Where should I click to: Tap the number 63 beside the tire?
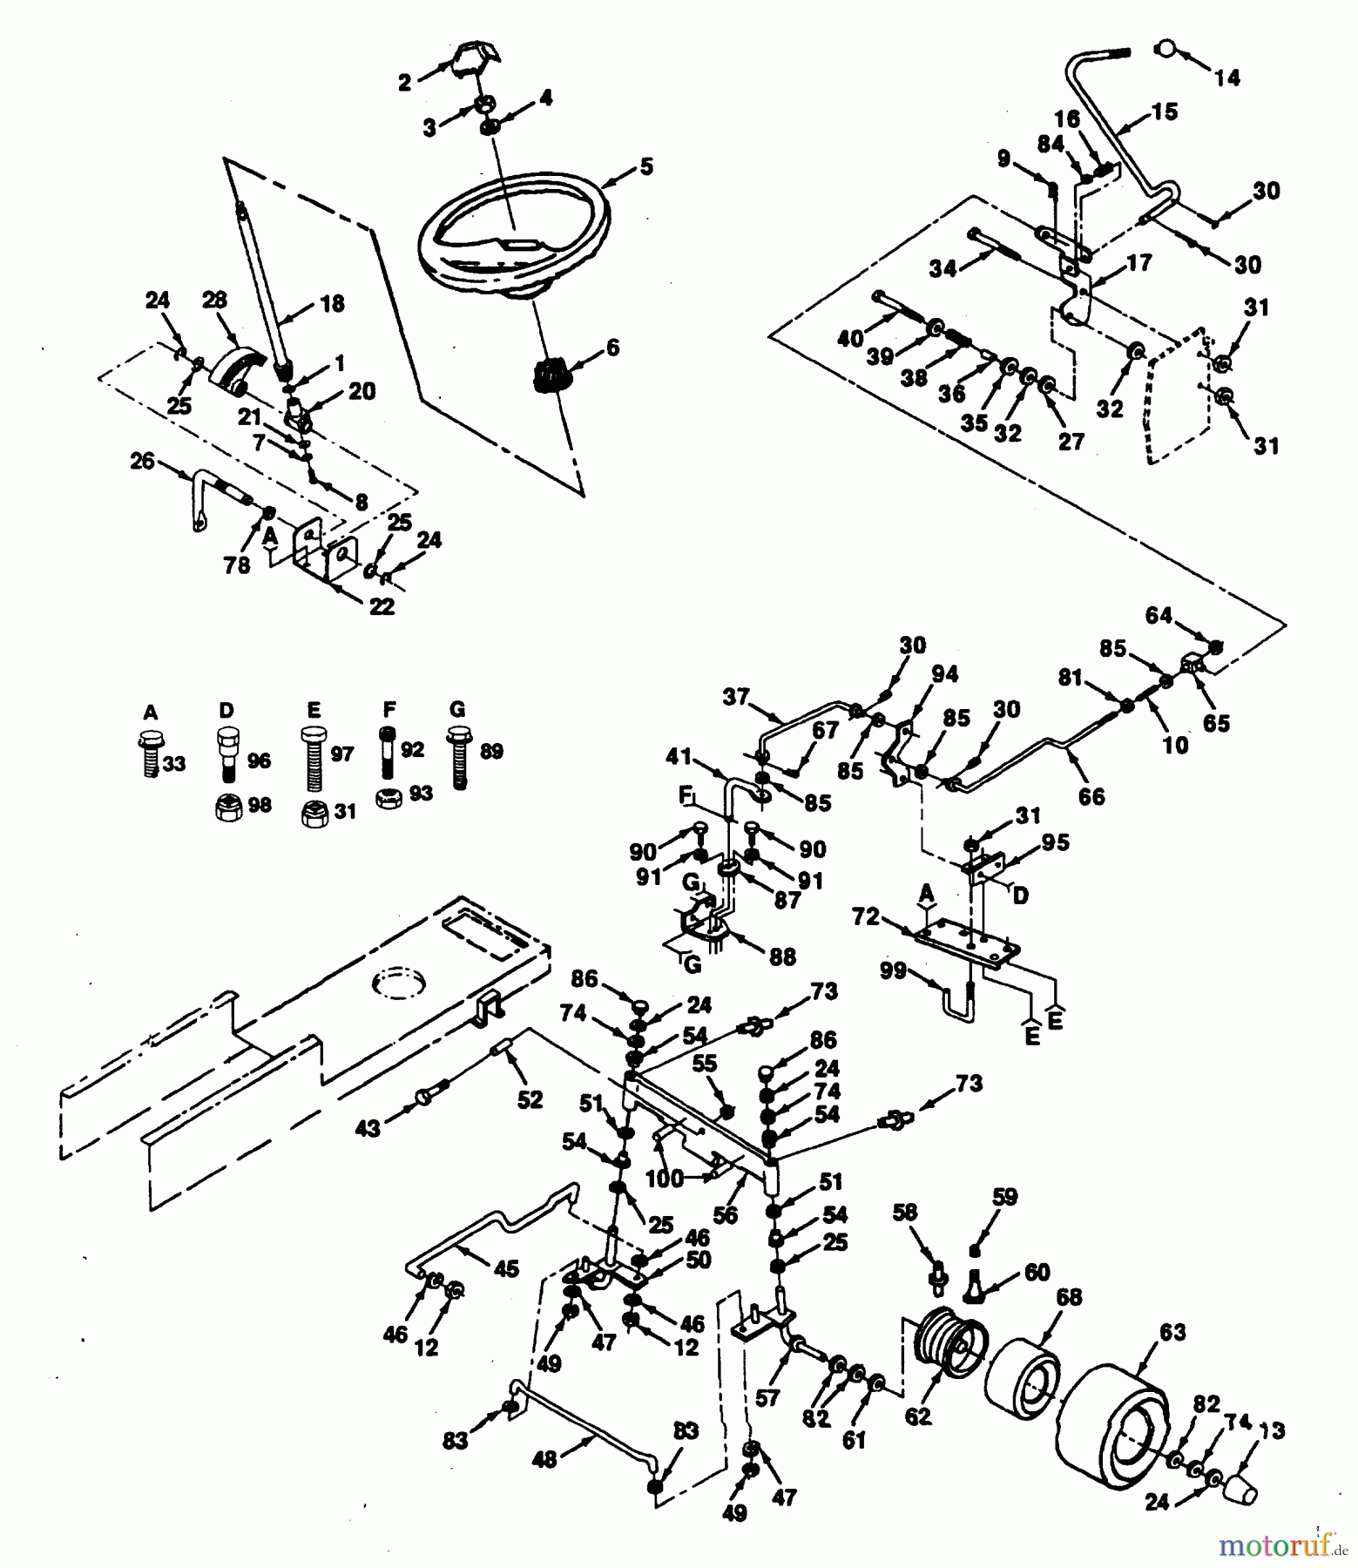pos(1172,1332)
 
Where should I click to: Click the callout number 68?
pos(1069,1297)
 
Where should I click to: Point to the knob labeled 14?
pos(1165,48)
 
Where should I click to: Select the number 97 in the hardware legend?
pos(342,753)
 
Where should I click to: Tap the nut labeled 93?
pos(388,798)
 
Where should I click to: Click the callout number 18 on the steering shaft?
pos(332,304)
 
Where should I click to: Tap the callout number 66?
pos(1091,796)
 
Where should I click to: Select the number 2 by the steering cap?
pos(404,84)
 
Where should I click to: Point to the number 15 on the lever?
pos(1164,112)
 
